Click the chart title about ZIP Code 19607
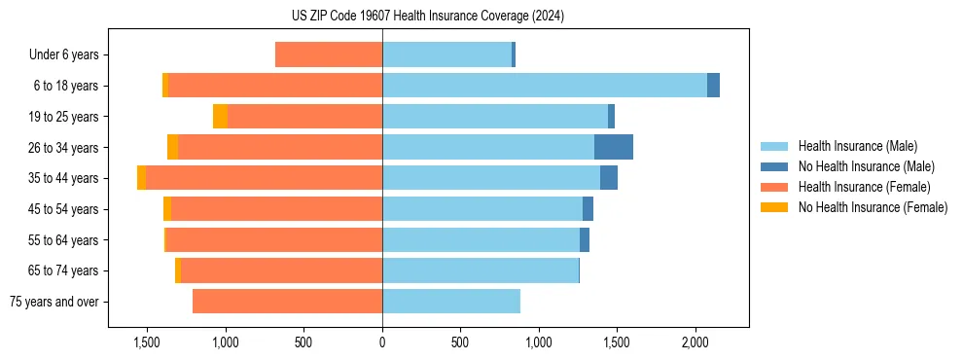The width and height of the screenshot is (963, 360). pos(427,17)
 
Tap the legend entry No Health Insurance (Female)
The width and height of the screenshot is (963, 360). pos(873,207)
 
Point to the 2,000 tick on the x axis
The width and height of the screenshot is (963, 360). pos(695,343)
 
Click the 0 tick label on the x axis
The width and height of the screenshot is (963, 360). pos(382,343)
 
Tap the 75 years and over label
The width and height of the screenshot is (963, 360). pos(53,302)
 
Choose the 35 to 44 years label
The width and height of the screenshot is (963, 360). pos(63,178)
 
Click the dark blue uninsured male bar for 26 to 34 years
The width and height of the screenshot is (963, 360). pos(614,147)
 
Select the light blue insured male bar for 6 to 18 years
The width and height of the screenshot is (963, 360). pos(545,85)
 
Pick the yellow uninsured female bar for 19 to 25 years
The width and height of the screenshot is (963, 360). pos(220,116)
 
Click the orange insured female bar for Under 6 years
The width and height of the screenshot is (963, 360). pos(329,54)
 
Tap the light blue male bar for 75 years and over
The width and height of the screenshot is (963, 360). pos(451,302)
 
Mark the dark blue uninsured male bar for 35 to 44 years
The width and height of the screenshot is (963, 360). pos(609,178)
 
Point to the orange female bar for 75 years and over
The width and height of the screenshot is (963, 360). pos(287,302)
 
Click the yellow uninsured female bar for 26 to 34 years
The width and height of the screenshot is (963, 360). pos(172,147)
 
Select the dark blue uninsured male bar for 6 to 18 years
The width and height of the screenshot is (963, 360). pos(713,85)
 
